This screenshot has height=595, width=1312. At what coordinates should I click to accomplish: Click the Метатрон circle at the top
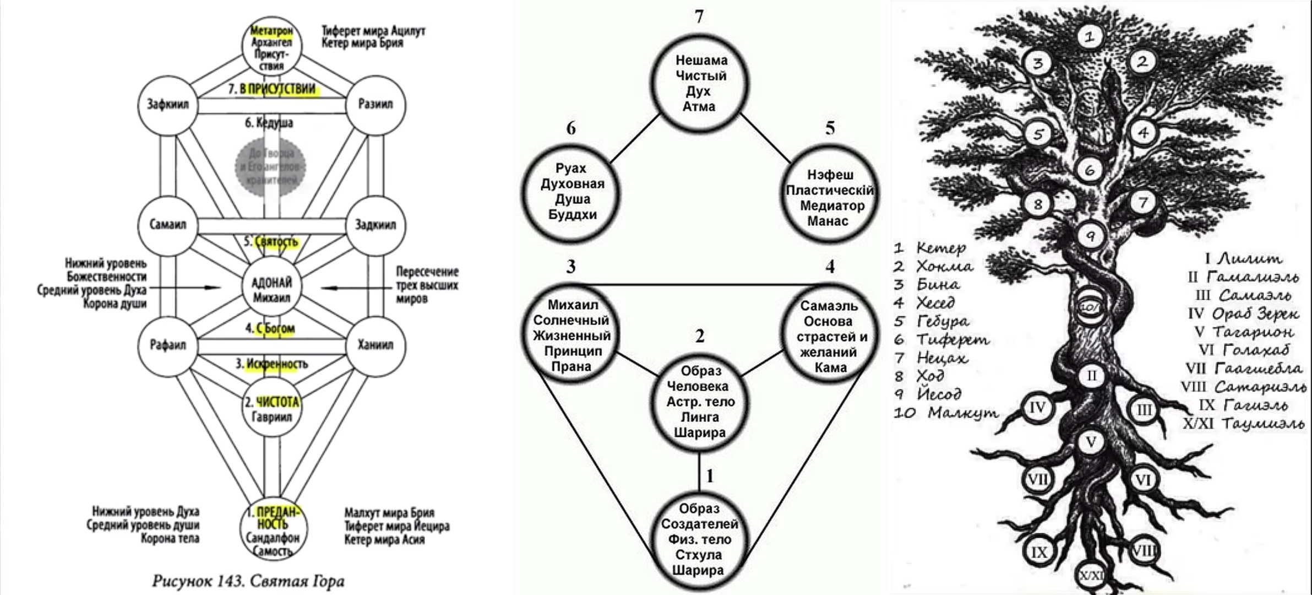tap(271, 46)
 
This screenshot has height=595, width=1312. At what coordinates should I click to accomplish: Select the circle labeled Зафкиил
tap(167, 105)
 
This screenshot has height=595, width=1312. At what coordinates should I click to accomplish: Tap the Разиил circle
tap(375, 105)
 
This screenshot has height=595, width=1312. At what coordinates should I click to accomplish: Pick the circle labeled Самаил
tap(167, 225)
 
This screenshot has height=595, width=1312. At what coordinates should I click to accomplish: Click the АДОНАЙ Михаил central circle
tap(271, 289)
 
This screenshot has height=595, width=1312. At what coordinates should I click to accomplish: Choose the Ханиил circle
tap(375, 345)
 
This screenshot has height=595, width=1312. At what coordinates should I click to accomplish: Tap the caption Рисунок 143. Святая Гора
tap(248, 581)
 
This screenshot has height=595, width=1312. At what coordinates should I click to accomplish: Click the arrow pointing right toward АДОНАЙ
tap(185, 288)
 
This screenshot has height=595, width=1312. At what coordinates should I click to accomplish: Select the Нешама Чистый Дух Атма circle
tap(699, 83)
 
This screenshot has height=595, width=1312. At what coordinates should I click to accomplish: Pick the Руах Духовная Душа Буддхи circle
tap(572, 192)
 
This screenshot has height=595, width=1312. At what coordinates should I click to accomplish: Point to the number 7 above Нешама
tap(699, 17)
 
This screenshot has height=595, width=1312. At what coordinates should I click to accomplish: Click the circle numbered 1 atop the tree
tap(1088, 37)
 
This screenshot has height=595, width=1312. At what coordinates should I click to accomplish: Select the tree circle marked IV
tap(1037, 408)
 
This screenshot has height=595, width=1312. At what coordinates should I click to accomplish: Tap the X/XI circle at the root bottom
tap(1091, 576)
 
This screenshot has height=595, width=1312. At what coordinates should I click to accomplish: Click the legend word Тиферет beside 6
tap(952, 339)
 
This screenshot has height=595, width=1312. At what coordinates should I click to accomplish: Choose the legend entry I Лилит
tap(1243, 258)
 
